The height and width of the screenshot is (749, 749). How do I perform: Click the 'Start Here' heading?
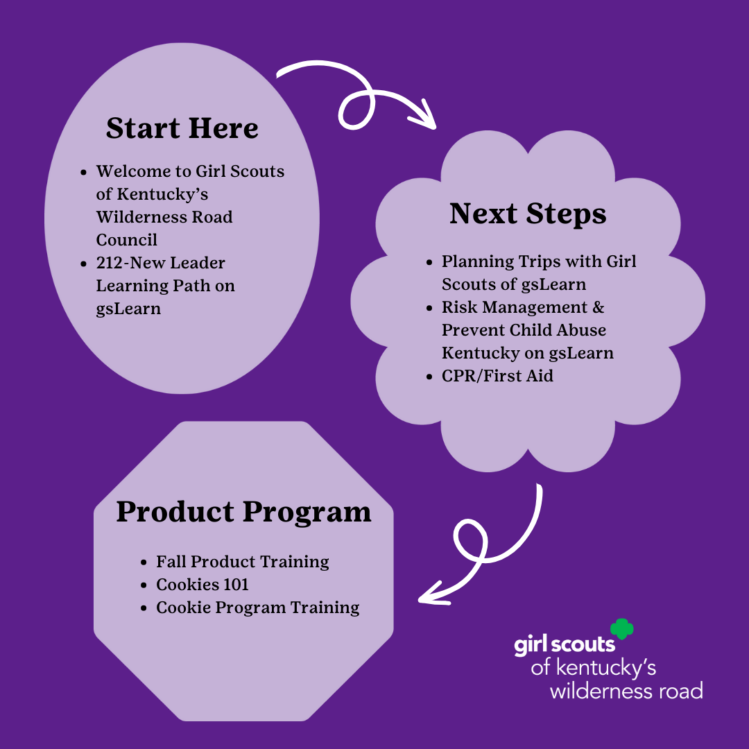pos(182,128)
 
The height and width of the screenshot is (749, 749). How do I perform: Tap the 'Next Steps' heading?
pos(528,214)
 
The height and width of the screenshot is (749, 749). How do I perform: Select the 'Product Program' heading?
pos(243,512)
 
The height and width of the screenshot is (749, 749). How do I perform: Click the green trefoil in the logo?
pos(622,628)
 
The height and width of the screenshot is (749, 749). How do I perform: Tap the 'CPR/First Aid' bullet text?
pos(497,376)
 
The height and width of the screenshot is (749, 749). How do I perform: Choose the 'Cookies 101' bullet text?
pos(202,584)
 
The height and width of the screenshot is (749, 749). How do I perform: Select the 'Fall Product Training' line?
pos(243,562)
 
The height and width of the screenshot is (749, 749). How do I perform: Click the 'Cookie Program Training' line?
pos(258,608)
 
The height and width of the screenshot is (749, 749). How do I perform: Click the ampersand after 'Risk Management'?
pos(598,307)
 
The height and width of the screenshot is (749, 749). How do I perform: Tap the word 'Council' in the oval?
pos(127,240)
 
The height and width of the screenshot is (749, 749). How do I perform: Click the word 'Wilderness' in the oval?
pos(141,217)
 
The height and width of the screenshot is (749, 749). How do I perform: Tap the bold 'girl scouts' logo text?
pos(565,646)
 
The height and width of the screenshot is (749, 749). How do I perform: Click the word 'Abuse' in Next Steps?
pos(581,330)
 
